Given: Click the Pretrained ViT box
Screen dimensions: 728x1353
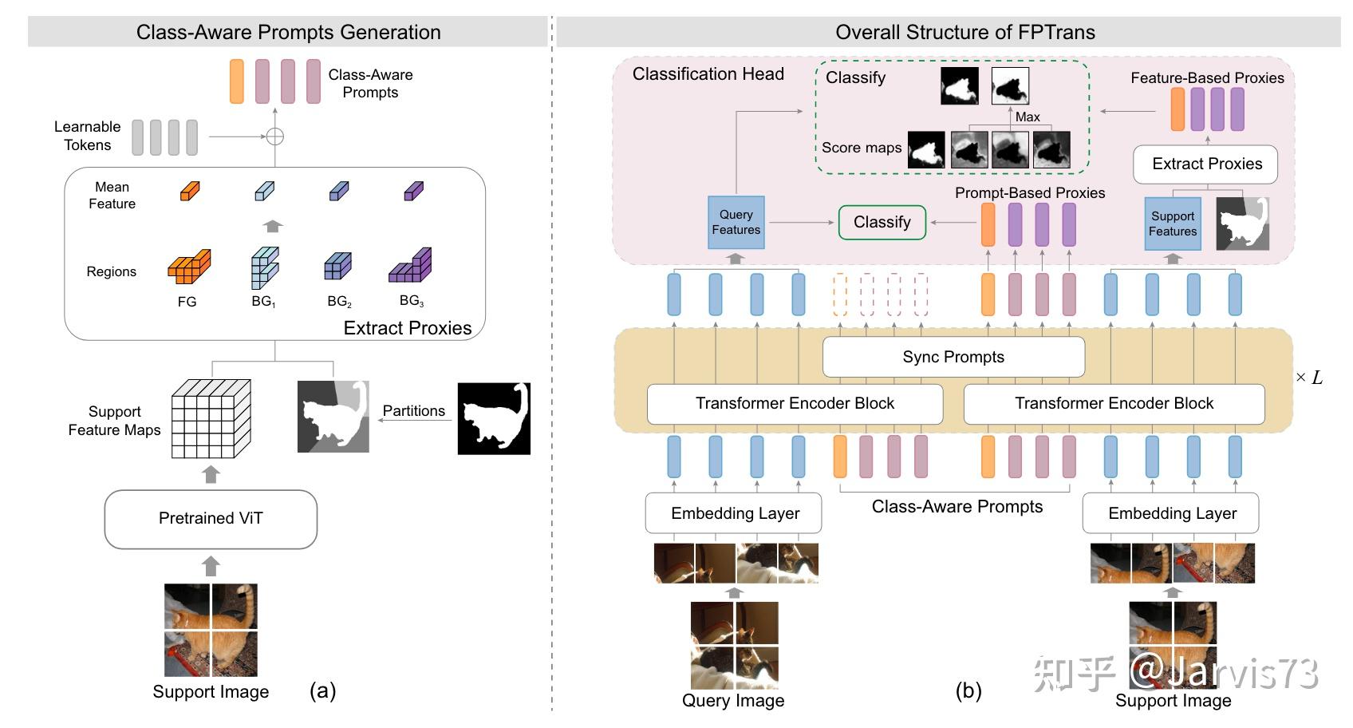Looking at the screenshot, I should click(x=211, y=519).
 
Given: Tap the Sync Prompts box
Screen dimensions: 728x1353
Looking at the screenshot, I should click(x=953, y=357).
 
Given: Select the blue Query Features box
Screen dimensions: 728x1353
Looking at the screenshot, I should click(x=736, y=222).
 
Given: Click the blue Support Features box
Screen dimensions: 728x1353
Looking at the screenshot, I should click(x=1172, y=224).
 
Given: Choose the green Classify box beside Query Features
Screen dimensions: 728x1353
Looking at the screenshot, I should click(x=882, y=223).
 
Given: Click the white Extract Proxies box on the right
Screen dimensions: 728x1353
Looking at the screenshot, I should click(x=1206, y=164).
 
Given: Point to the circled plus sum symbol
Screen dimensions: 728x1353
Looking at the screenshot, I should click(x=274, y=136).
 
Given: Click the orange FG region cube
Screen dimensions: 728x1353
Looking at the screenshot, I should click(x=189, y=267).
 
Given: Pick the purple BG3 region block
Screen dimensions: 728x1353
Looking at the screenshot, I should click(x=410, y=266).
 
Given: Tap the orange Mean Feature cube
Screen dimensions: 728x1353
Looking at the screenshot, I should click(x=189, y=192).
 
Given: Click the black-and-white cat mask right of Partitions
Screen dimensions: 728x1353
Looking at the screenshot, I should click(x=494, y=418).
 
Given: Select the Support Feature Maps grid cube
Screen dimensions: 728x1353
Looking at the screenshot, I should click(x=211, y=418).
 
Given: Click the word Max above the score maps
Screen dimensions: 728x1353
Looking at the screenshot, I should click(x=1028, y=117).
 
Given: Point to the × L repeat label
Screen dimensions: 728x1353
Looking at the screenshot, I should click(x=1309, y=378).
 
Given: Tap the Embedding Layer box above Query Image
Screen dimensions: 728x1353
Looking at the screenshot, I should click(x=734, y=513).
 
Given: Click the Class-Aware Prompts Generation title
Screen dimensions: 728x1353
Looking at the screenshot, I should click(x=288, y=32).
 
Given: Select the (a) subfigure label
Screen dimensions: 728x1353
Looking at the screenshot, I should click(x=323, y=690).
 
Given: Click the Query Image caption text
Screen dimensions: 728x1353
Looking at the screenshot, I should click(x=732, y=701).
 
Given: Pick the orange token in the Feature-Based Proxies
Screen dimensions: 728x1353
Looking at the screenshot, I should click(x=1177, y=109).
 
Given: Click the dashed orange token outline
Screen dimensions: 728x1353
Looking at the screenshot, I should click(x=840, y=295).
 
